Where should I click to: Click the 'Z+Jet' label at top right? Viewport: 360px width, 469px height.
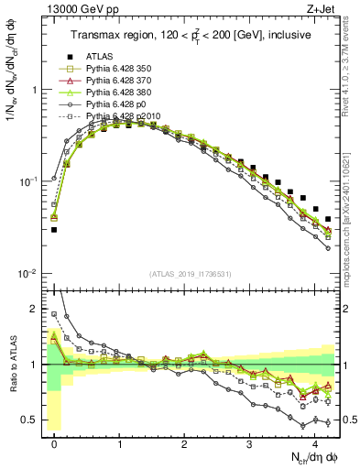point(322,9)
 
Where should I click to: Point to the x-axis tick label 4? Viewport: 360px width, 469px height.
point(315,442)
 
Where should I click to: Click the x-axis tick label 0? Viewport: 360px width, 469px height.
point(55,442)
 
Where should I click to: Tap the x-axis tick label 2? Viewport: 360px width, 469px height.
point(185,442)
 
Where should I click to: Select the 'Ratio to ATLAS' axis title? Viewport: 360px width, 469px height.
point(13,364)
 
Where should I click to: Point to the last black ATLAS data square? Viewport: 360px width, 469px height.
point(328,219)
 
